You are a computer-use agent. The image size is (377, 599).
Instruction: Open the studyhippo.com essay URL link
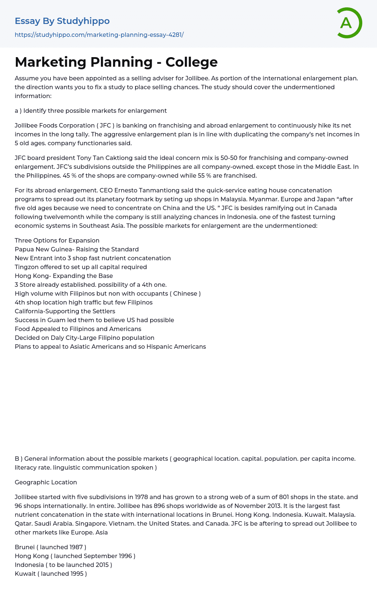pyautogui.click(x=99, y=35)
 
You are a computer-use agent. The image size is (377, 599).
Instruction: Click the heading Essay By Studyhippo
pyautogui.click(x=62, y=21)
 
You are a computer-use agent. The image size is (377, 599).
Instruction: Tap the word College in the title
pyautogui.click(x=191, y=62)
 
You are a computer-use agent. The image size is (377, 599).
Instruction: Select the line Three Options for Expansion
pyautogui.click(x=57, y=240)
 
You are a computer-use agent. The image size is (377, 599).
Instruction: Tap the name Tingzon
pyautogui.click(x=26, y=267)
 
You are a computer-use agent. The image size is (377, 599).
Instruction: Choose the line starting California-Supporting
pyautogui.click(x=65, y=311)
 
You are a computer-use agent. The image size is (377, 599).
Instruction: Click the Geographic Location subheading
pyautogui.click(x=46, y=482)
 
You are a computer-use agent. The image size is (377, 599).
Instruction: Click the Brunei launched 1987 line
pyautogui.click(x=50, y=547)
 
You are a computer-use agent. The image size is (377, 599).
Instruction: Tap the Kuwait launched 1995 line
pyautogui.click(x=51, y=574)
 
